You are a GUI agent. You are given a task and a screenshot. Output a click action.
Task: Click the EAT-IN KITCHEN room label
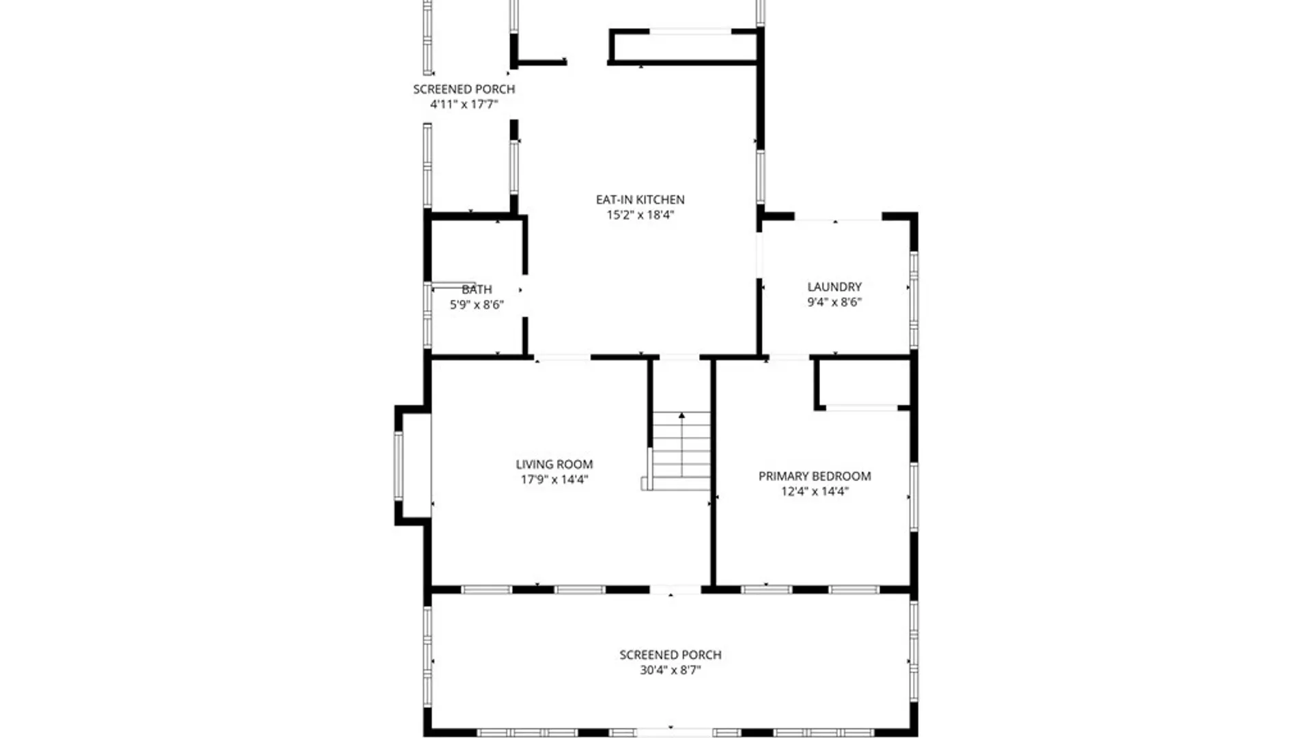(640, 200)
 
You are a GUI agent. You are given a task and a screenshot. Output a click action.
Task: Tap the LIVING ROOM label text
(554, 464)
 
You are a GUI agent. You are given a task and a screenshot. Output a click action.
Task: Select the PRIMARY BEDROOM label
(814, 476)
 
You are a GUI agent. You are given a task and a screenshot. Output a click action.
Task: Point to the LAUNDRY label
(834, 286)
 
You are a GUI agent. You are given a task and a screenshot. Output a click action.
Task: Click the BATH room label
(477, 289)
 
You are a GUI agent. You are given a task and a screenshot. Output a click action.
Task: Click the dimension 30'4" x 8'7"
(670, 670)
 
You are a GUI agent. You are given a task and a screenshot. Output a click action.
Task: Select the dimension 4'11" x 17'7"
(464, 104)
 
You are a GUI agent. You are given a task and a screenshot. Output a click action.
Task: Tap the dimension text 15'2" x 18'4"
(640, 215)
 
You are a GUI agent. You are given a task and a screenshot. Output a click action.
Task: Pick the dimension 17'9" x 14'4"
(554, 479)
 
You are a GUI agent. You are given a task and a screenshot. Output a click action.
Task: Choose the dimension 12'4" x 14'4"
(814, 491)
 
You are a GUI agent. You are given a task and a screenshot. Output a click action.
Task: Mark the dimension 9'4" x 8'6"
(834, 301)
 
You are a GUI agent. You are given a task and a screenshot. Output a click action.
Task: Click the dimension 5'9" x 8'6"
(477, 304)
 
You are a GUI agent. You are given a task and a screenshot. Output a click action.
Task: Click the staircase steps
(681, 451)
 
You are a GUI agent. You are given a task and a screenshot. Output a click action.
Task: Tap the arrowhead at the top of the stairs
(681, 415)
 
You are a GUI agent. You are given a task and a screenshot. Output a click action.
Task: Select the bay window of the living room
(398, 465)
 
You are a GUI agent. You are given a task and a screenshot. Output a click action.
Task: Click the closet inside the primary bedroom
(863, 383)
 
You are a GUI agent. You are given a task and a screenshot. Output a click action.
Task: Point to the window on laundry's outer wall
(914, 301)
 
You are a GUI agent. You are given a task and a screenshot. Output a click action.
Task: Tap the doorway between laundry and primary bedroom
(789, 357)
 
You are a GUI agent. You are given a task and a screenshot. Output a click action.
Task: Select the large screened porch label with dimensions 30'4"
(670, 655)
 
